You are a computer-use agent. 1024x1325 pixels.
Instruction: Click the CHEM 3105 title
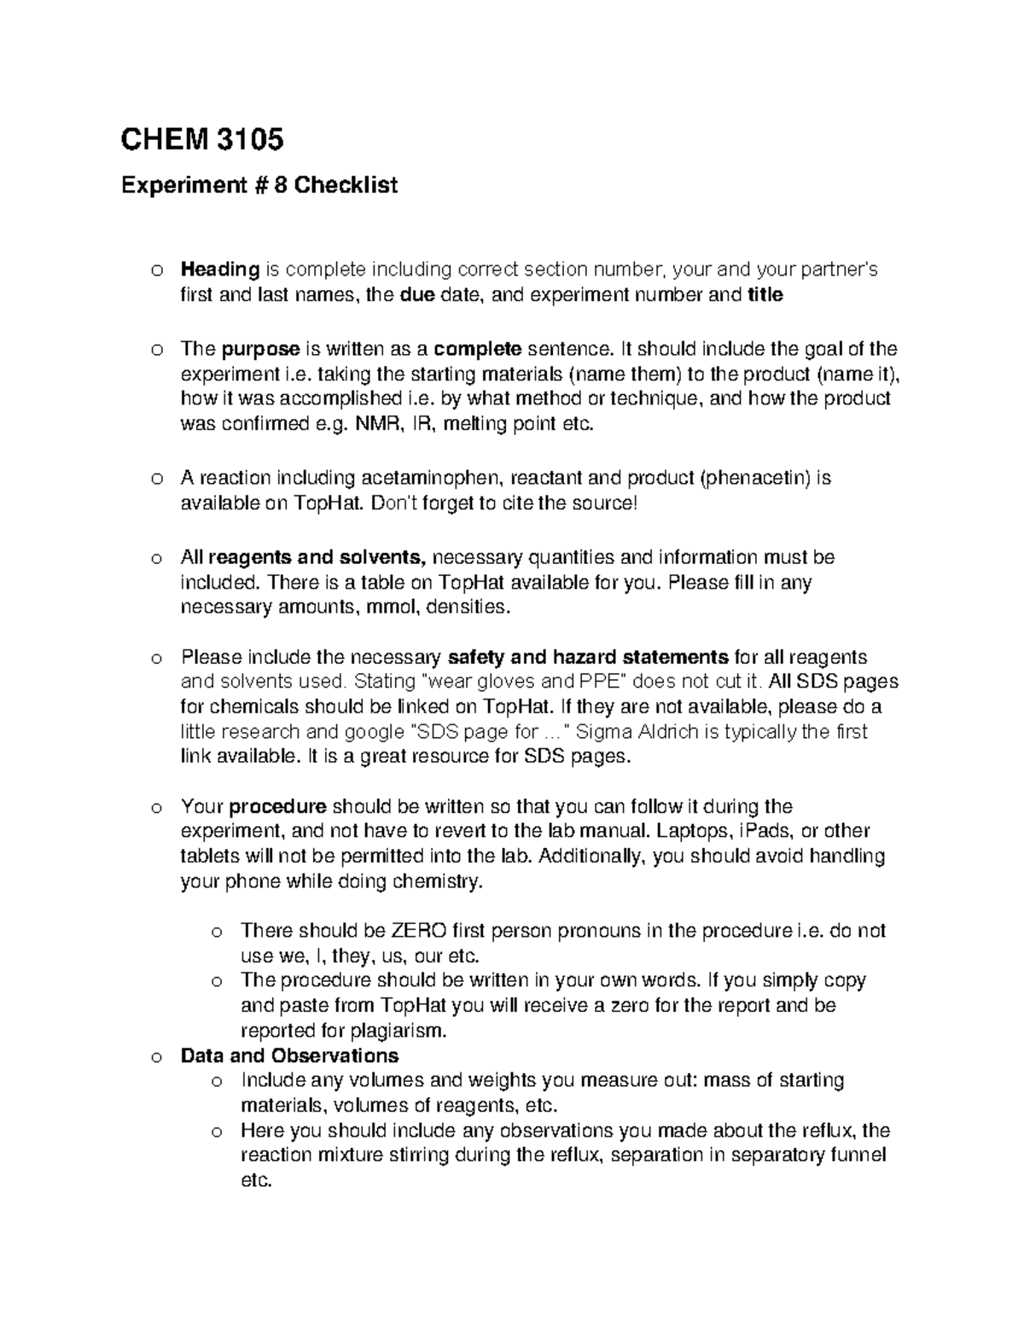click(x=202, y=139)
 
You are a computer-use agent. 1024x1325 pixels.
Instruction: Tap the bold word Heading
click(x=220, y=270)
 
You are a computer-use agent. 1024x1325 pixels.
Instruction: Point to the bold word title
click(x=765, y=295)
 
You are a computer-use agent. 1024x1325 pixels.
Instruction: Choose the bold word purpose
click(x=260, y=349)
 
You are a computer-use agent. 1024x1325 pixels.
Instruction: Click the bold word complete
click(x=478, y=349)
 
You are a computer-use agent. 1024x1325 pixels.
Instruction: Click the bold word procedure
click(x=277, y=807)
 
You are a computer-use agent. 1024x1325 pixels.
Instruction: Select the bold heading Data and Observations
click(x=289, y=1056)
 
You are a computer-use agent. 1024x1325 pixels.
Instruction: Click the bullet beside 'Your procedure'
click(x=155, y=808)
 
